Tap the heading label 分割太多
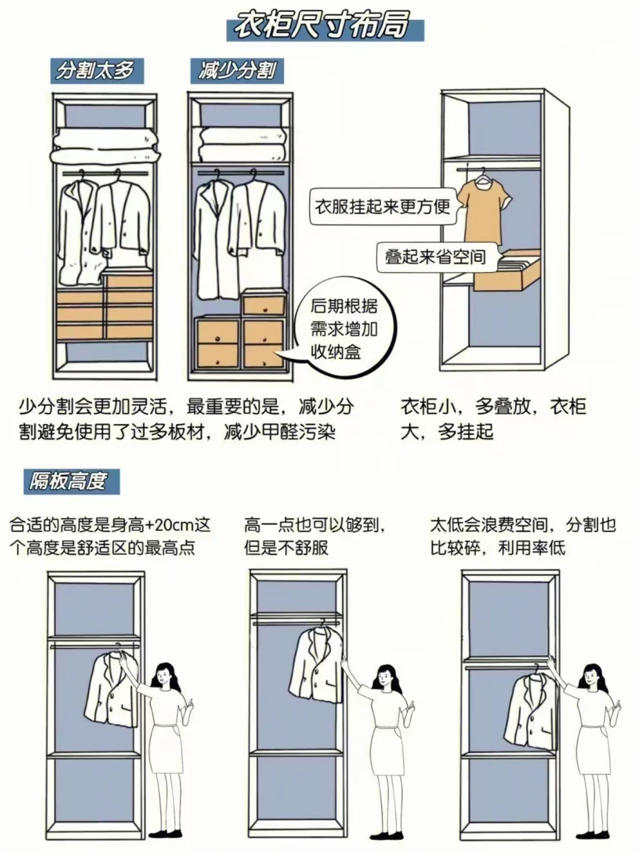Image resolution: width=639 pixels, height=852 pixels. coord(95,70)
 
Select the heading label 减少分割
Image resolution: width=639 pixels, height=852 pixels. coord(237,71)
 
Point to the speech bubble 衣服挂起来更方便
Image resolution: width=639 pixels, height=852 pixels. coord(382,207)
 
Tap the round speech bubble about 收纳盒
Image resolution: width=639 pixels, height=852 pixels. coord(345,330)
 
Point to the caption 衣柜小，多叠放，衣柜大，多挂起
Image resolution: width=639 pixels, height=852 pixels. coord(493,419)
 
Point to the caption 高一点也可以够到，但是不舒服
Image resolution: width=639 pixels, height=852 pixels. coord(317,535)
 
